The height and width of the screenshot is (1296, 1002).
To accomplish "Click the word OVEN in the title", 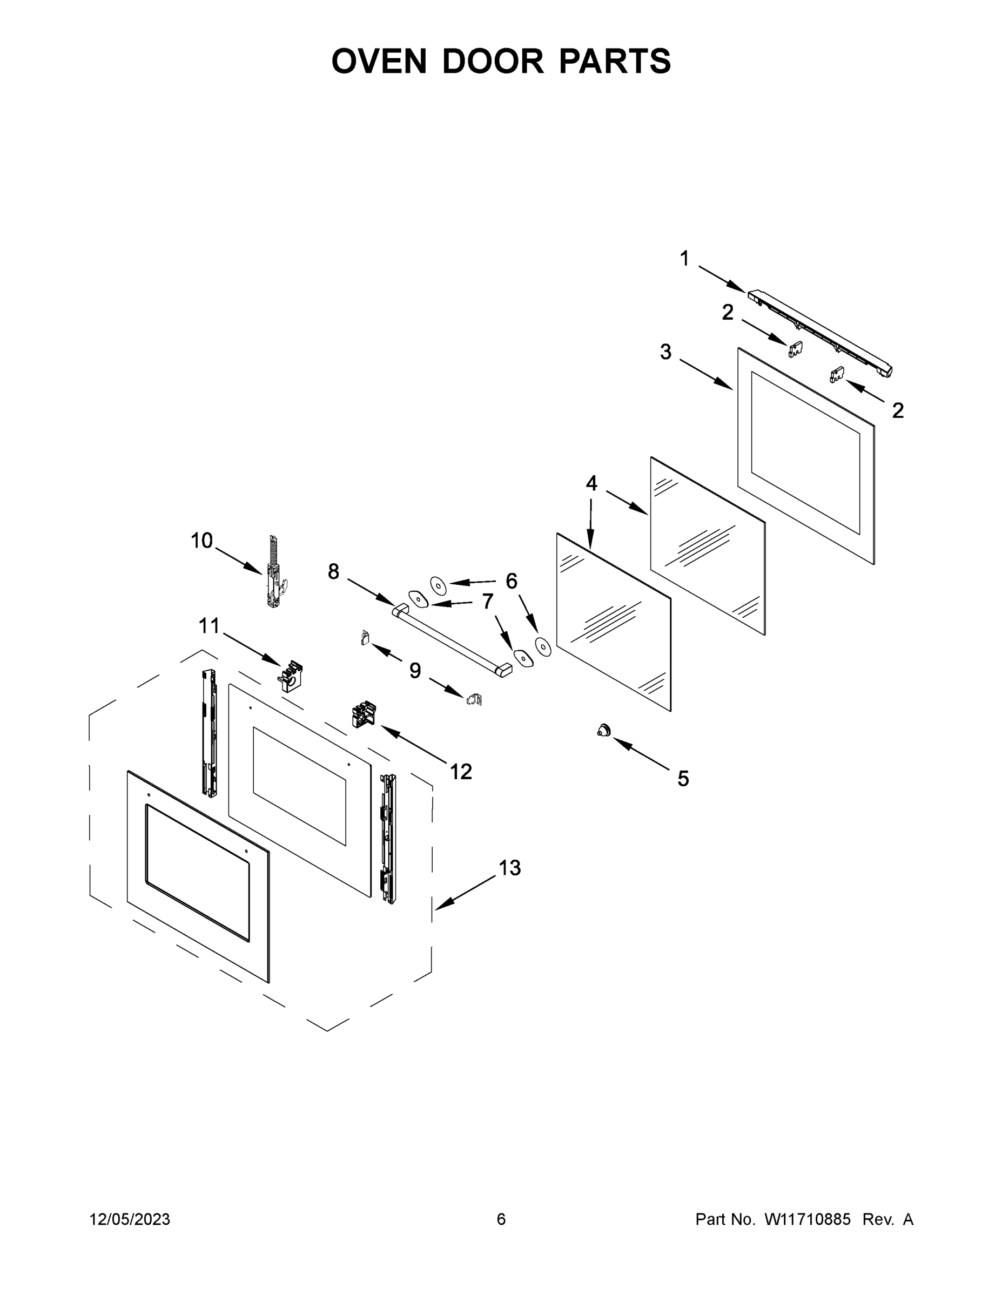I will (x=379, y=61).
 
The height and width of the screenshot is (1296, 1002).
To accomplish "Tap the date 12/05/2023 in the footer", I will (x=130, y=1219).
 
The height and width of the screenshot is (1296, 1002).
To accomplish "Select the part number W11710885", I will (x=808, y=1219).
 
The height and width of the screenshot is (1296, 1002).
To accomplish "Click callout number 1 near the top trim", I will (x=684, y=259).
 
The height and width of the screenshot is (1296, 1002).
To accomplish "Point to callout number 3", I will (x=665, y=352).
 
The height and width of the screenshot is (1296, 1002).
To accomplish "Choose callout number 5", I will (x=683, y=779).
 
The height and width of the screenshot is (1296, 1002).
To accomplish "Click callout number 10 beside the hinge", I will (x=201, y=541).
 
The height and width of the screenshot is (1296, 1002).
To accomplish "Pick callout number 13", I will (x=509, y=868).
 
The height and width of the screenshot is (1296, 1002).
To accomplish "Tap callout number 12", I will (x=461, y=772).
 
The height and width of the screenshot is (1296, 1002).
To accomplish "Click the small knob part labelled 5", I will (x=604, y=731).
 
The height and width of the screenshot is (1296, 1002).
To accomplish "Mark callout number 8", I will (x=334, y=571).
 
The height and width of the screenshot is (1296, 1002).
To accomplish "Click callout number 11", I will (x=209, y=625).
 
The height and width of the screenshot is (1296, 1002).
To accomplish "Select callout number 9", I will (x=415, y=671).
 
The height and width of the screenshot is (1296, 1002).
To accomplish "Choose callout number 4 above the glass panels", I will (x=591, y=484).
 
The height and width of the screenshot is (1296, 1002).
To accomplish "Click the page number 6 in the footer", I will (x=501, y=1219).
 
